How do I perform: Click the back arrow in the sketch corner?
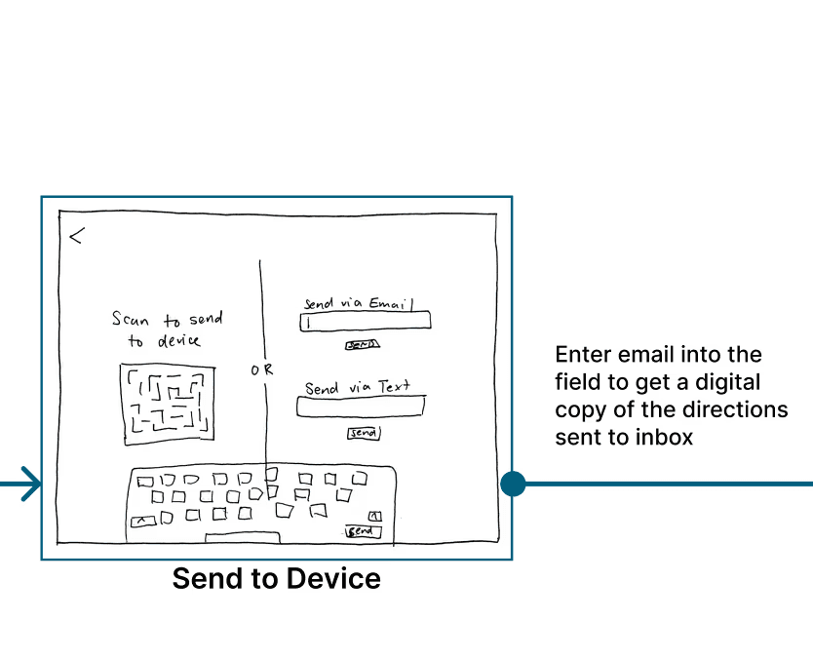(76, 235)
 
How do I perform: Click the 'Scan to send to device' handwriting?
(167, 330)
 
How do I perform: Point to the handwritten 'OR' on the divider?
(262, 370)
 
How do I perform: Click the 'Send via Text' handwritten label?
(357, 388)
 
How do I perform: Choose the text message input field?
(360, 408)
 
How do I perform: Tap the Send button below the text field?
(364, 433)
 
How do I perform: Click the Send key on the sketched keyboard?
(362, 531)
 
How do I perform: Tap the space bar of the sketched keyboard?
(243, 537)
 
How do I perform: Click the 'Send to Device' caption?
(276, 579)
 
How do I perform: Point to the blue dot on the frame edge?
(513, 484)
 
